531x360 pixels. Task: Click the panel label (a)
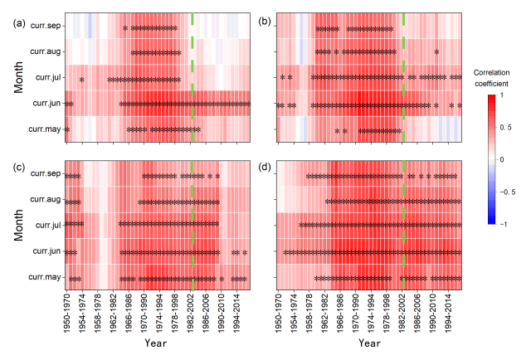pos(18,23)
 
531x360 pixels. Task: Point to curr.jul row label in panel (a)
pos(46,78)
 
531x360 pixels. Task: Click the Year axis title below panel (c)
pos(157,343)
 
